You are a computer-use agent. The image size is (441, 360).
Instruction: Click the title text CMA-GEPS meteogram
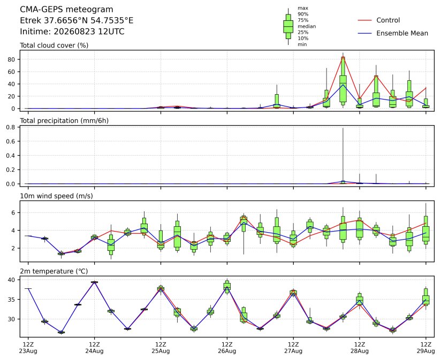pos(66,10)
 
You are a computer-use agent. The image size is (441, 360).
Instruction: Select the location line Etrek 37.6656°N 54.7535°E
pos(77,20)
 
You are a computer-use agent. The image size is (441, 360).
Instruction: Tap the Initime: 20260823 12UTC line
pos(72,32)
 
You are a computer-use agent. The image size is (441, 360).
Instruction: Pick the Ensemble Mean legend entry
pos(393,33)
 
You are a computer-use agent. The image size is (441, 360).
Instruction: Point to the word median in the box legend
pos(307,26)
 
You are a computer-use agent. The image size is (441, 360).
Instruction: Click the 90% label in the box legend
pos(303,14)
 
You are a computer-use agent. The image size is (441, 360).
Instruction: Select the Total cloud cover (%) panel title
pos(54,45)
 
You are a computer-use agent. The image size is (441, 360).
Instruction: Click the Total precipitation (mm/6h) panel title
pos(64,121)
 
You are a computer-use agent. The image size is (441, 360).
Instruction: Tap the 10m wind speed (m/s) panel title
pos(56,196)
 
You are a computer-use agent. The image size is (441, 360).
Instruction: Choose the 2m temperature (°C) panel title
pos(54,272)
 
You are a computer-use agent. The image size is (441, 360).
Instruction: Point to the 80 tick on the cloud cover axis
pos(12,59)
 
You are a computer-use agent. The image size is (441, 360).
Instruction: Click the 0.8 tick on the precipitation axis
pos(11,127)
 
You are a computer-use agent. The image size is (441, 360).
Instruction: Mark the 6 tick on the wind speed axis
pos(13,213)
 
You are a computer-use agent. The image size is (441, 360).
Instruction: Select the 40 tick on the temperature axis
pos(12,280)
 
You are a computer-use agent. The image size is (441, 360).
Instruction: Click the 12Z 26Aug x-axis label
pos(227,348)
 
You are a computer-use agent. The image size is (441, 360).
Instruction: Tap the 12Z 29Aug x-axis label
pos(425,348)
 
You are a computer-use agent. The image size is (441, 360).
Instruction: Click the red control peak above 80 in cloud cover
pos(343,57)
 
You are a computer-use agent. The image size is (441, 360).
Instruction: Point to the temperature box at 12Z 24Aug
pos(95,282)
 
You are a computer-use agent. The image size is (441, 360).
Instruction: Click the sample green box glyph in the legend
pos(288,26)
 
